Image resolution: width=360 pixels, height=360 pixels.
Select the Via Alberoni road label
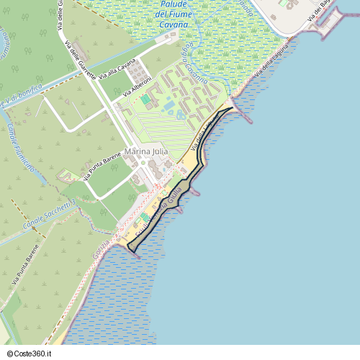coord(137,87)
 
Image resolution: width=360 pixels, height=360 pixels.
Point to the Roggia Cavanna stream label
coord(195,68)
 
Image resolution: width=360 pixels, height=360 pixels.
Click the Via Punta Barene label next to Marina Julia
coord(102,166)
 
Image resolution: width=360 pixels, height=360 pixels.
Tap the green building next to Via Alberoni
coord(145,99)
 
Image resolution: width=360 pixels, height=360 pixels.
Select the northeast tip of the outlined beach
coord(233,108)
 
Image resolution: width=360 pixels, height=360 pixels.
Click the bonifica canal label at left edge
coord(20,98)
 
